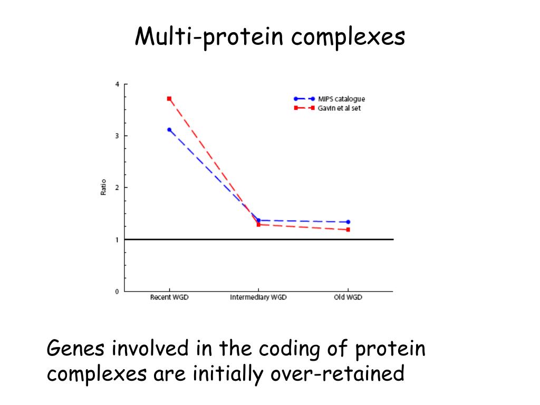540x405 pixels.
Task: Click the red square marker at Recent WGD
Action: click(x=169, y=99)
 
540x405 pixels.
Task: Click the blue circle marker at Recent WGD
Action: click(x=169, y=130)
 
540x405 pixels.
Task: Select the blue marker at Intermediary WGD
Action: click(x=258, y=220)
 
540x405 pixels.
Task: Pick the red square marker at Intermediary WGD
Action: click(x=258, y=225)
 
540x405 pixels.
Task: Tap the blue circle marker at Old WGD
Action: click(x=348, y=222)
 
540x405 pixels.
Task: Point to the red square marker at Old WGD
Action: click(x=348, y=229)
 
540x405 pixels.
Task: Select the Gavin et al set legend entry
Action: click(x=339, y=108)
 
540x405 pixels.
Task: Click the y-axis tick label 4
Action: click(x=117, y=84)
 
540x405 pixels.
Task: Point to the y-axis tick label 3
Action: click(x=117, y=136)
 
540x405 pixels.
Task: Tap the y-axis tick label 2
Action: click(x=117, y=188)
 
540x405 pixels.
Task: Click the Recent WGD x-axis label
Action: click(x=169, y=297)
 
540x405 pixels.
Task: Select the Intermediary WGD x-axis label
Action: click(x=258, y=297)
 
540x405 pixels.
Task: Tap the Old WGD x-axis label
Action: click(x=348, y=297)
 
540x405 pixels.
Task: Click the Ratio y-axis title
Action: click(x=103, y=188)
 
